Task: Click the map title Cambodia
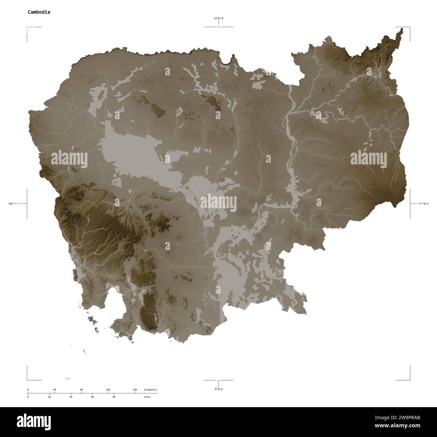tap(39, 12)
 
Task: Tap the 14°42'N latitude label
tap(218, 19)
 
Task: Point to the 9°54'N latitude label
tap(218, 389)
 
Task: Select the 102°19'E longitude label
tap(14, 203)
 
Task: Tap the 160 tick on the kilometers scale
tap(135, 390)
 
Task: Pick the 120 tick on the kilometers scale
tap(108, 390)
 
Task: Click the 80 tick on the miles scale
tap(114, 397)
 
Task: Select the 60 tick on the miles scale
tap(92, 397)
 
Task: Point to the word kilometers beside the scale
tap(150, 390)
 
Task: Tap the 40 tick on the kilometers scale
tap(54, 390)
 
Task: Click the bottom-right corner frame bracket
tap(409, 379)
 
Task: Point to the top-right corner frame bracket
tap(409, 28)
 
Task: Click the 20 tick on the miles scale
tap(49, 397)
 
